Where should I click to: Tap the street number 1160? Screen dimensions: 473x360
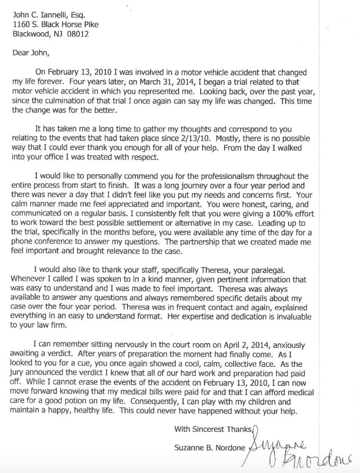[21, 24]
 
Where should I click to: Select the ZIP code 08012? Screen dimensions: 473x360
[78, 34]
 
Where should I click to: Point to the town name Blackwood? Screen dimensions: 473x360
[33, 34]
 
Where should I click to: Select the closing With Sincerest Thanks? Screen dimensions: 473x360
[213, 429]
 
